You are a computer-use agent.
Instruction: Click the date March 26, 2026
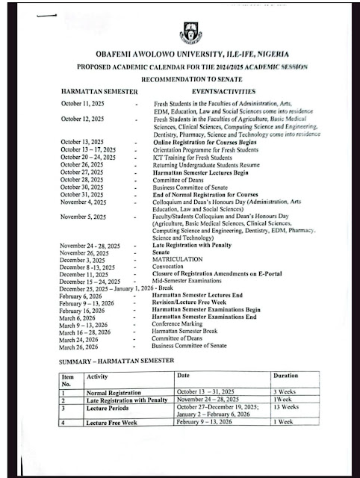click(x=79, y=347)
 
